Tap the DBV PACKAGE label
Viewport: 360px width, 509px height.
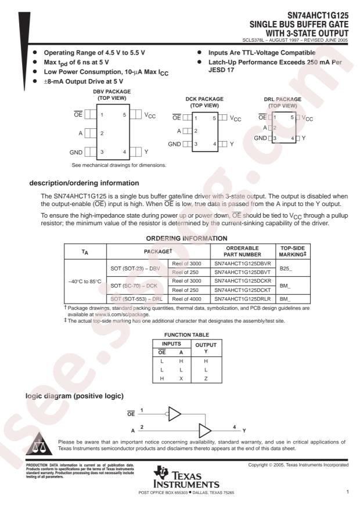tap(111, 92)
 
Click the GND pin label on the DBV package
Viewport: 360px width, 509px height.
tap(75, 152)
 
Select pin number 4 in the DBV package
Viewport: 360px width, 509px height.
tap(124, 152)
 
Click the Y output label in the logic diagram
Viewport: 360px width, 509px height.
tap(244, 431)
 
